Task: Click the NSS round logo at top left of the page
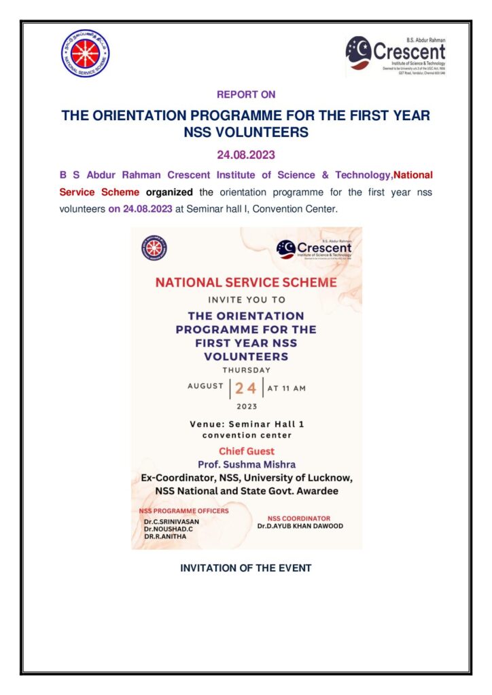[x=86, y=54]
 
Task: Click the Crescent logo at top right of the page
[x=396, y=55]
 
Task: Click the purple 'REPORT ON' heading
[x=245, y=94]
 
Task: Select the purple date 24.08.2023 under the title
[x=245, y=155]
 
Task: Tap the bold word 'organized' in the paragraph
[x=169, y=192]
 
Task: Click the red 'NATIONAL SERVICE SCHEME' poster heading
[x=246, y=282]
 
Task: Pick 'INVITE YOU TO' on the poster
[x=246, y=299]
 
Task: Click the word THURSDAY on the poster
[x=246, y=370]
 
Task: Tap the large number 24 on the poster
[x=246, y=388]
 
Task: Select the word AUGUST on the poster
[x=205, y=386]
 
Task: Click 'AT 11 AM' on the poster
[x=286, y=388]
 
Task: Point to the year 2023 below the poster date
[x=246, y=407]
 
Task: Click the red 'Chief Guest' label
[x=246, y=451]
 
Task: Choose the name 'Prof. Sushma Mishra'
[x=246, y=464]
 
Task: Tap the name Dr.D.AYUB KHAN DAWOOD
[x=300, y=526]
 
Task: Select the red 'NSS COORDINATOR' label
[x=299, y=518]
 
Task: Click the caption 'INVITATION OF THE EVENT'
[x=245, y=568]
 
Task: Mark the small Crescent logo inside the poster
[x=314, y=249]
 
